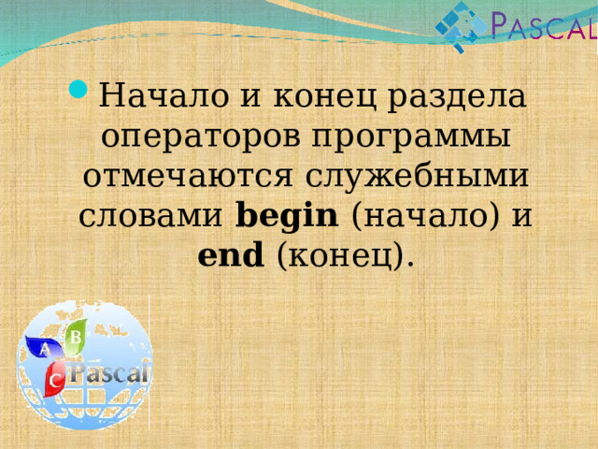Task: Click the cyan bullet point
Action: tap(78, 89)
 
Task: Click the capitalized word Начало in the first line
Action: tap(164, 95)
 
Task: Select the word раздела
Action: tap(457, 96)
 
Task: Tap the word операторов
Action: tap(201, 138)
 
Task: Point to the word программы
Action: tap(411, 138)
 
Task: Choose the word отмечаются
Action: tap(188, 177)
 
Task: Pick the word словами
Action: tap(150, 216)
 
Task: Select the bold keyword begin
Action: tap(287, 216)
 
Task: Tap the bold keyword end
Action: tap(231, 254)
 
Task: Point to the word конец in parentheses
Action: tap(340, 255)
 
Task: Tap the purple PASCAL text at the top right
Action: tap(544, 25)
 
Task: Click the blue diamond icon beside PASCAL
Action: tap(461, 27)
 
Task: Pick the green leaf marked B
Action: tap(76, 337)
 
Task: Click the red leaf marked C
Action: tap(54, 379)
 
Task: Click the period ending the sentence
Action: tap(410, 264)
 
